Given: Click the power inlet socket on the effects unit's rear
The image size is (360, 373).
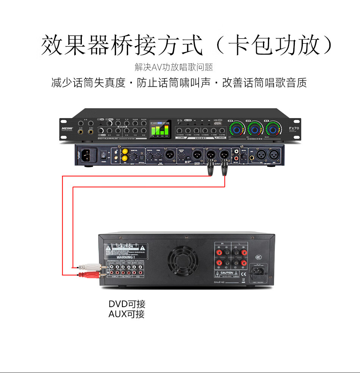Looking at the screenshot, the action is (86, 155).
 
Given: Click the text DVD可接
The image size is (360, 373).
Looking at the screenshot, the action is (127, 304).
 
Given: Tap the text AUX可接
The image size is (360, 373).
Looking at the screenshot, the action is (127, 314).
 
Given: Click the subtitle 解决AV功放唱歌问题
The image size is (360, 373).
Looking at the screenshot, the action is (174, 67).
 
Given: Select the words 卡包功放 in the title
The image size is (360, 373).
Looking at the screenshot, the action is (279, 46).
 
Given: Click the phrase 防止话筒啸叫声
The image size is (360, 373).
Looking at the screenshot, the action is (174, 83).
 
